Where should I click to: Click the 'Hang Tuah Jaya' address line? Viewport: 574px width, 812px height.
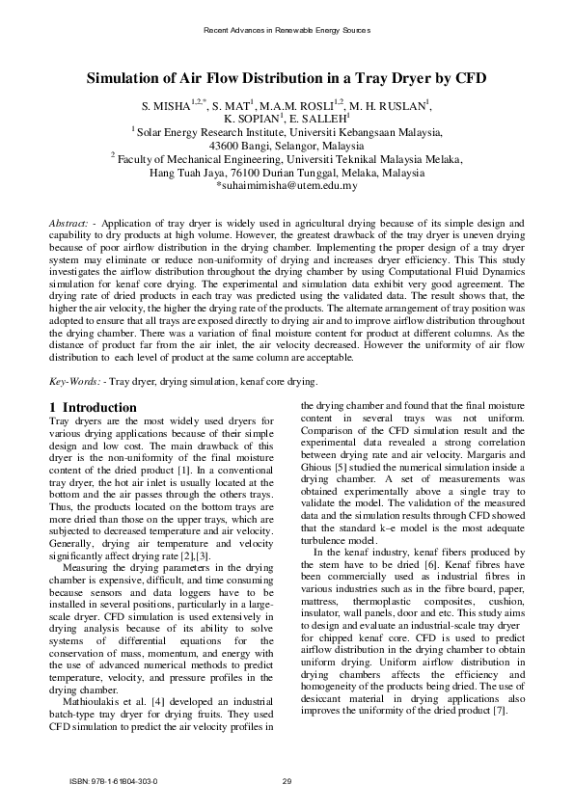287,174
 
